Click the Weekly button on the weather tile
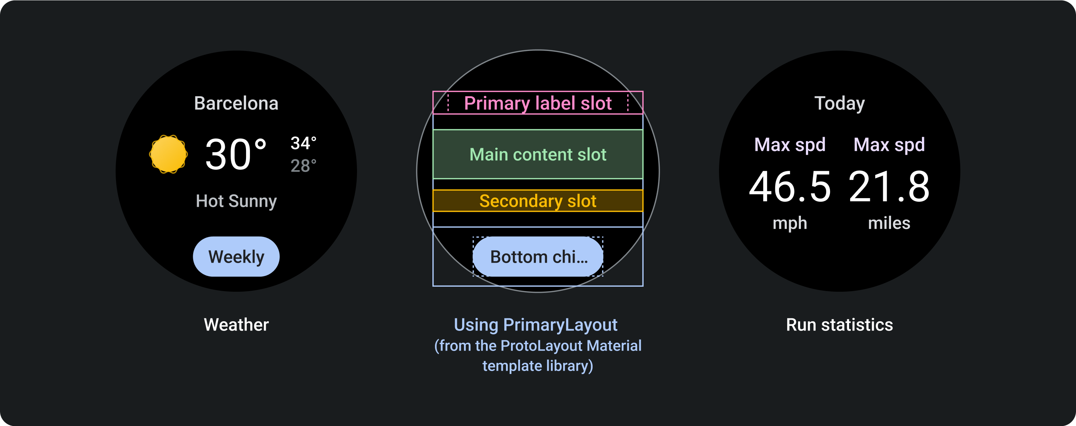[236, 257]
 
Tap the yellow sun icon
[168, 154]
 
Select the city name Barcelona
[236, 103]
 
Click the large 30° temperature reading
[236, 154]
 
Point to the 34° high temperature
[303, 143]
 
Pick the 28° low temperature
[303, 166]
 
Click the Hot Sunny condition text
[236, 201]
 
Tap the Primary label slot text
[538, 103]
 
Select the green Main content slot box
[538, 154]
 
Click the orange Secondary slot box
[538, 201]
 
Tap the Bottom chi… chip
[538, 257]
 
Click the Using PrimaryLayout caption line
[535, 324]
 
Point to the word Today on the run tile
[839, 103]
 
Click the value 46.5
[789, 187]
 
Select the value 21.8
[889, 187]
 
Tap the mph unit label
[789, 223]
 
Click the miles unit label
[889, 223]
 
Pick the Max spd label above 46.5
[789, 145]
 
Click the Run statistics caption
[839, 324]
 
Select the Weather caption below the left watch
[236, 324]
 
